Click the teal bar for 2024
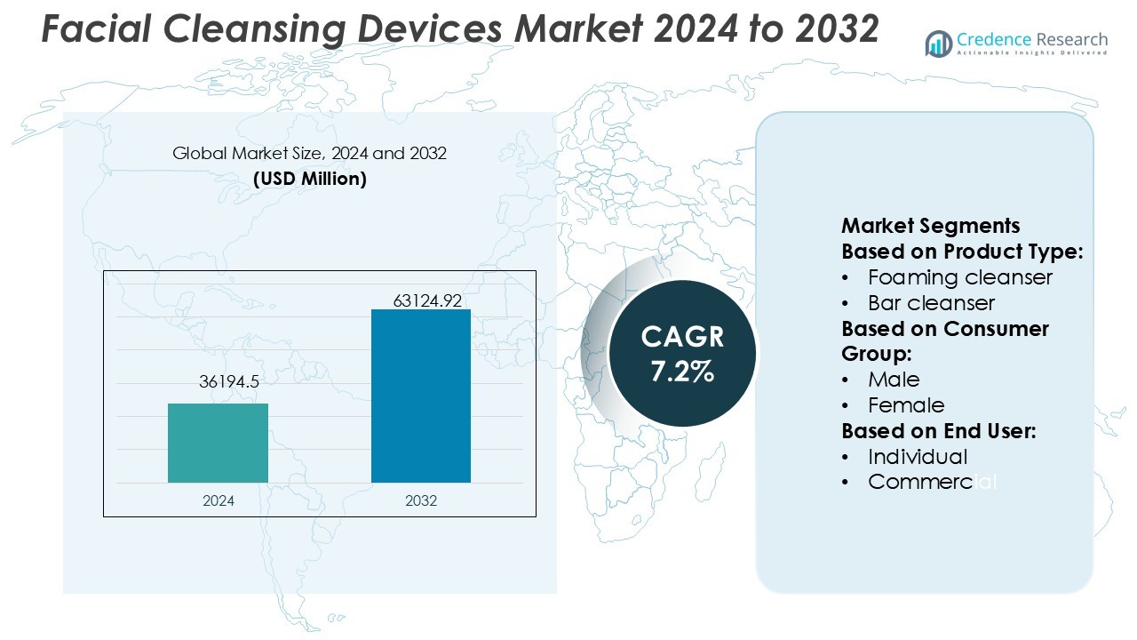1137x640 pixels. coord(218,443)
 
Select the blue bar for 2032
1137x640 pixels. coord(420,396)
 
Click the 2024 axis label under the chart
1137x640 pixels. coord(219,500)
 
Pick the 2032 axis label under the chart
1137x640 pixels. coord(421,500)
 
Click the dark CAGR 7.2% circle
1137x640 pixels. coord(682,353)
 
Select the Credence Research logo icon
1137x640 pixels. coord(939,44)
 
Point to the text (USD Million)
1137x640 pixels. coord(309,179)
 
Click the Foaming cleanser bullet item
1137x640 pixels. coord(959,277)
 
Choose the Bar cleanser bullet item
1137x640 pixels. coord(931,303)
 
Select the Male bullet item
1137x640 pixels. coord(894,380)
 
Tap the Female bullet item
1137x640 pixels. coord(906,405)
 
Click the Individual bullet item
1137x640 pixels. coord(918,457)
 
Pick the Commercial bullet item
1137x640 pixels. coord(932,482)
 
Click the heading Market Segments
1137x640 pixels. coord(930,226)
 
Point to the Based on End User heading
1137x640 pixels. coord(939,431)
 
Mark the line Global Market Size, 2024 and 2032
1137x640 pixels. coord(309,154)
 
